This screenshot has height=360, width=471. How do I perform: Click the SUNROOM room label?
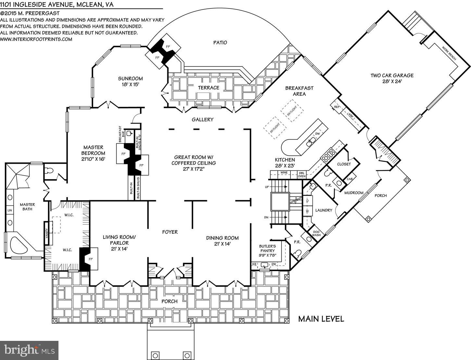(130, 79)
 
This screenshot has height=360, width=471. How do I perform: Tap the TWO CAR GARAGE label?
(392, 76)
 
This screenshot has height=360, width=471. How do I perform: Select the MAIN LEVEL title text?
(321, 319)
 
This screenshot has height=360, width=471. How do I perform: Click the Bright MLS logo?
(29, 350)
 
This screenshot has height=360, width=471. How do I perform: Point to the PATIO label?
(220, 43)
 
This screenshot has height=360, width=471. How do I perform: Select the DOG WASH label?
(316, 233)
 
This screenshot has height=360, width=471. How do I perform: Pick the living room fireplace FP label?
(91, 259)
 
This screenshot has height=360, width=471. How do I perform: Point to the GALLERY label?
(202, 119)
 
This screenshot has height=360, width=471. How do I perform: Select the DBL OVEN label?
(302, 175)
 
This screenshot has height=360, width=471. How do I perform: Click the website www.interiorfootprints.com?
(36, 39)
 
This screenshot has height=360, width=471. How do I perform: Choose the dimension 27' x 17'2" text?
(194, 169)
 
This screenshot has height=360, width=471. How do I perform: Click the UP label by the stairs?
(267, 187)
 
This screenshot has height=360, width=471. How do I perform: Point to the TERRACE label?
(209, 88)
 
